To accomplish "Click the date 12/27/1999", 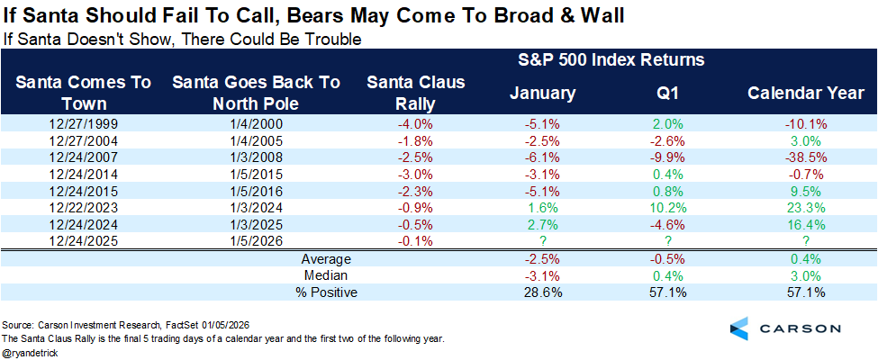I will tap(83, 123).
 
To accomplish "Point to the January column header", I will tap(542, 94).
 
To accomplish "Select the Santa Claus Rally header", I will tap(415, 93).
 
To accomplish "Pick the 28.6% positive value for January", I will tap(542, 292).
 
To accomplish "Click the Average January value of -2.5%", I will tap(542, 259).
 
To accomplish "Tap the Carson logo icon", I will tap(741, 328).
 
